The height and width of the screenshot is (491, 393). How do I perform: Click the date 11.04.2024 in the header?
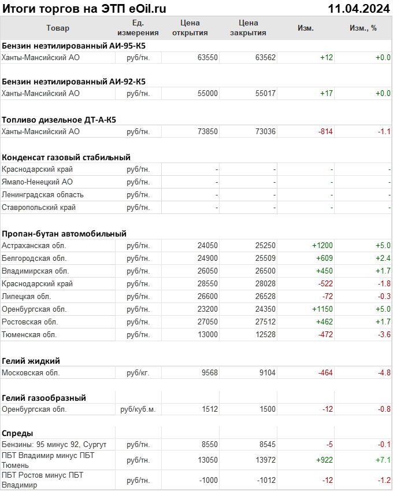pos(358,8)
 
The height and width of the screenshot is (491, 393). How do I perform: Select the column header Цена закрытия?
pos(248,28)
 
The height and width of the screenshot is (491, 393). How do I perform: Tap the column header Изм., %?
pos(363,28)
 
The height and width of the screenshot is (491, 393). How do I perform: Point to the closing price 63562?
pos(265,57)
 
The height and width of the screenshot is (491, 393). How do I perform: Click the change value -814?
pos(325,131)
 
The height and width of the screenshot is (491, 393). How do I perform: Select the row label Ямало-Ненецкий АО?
pos(38,182)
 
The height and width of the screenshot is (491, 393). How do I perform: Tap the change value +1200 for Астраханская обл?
pos(322,245)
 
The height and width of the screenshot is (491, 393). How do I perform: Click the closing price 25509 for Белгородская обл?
pos(265,258)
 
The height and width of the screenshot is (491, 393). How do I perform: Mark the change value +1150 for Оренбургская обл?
pos(322,309)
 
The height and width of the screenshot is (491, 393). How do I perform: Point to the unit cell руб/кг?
pos(138,372)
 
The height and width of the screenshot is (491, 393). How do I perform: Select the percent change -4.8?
pos(384,372)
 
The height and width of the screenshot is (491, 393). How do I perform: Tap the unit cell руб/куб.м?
pos(138,409)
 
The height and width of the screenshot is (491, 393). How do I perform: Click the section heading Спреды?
pos(17,433)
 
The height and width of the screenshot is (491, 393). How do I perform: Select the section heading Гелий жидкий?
pos(31,361)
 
